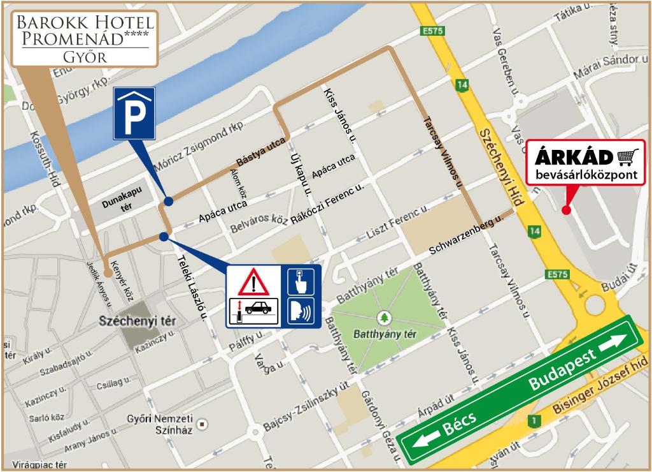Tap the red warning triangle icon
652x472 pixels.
tap(253, 281)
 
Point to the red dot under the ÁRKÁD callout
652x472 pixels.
tap(566, 209)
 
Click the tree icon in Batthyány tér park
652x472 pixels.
tap(384, 317)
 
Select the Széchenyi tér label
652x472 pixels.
tap(137, 321)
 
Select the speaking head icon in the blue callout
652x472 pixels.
tap(301, 311)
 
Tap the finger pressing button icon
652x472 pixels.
tap(301, 281)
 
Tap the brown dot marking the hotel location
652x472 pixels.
tap(108, 272)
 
